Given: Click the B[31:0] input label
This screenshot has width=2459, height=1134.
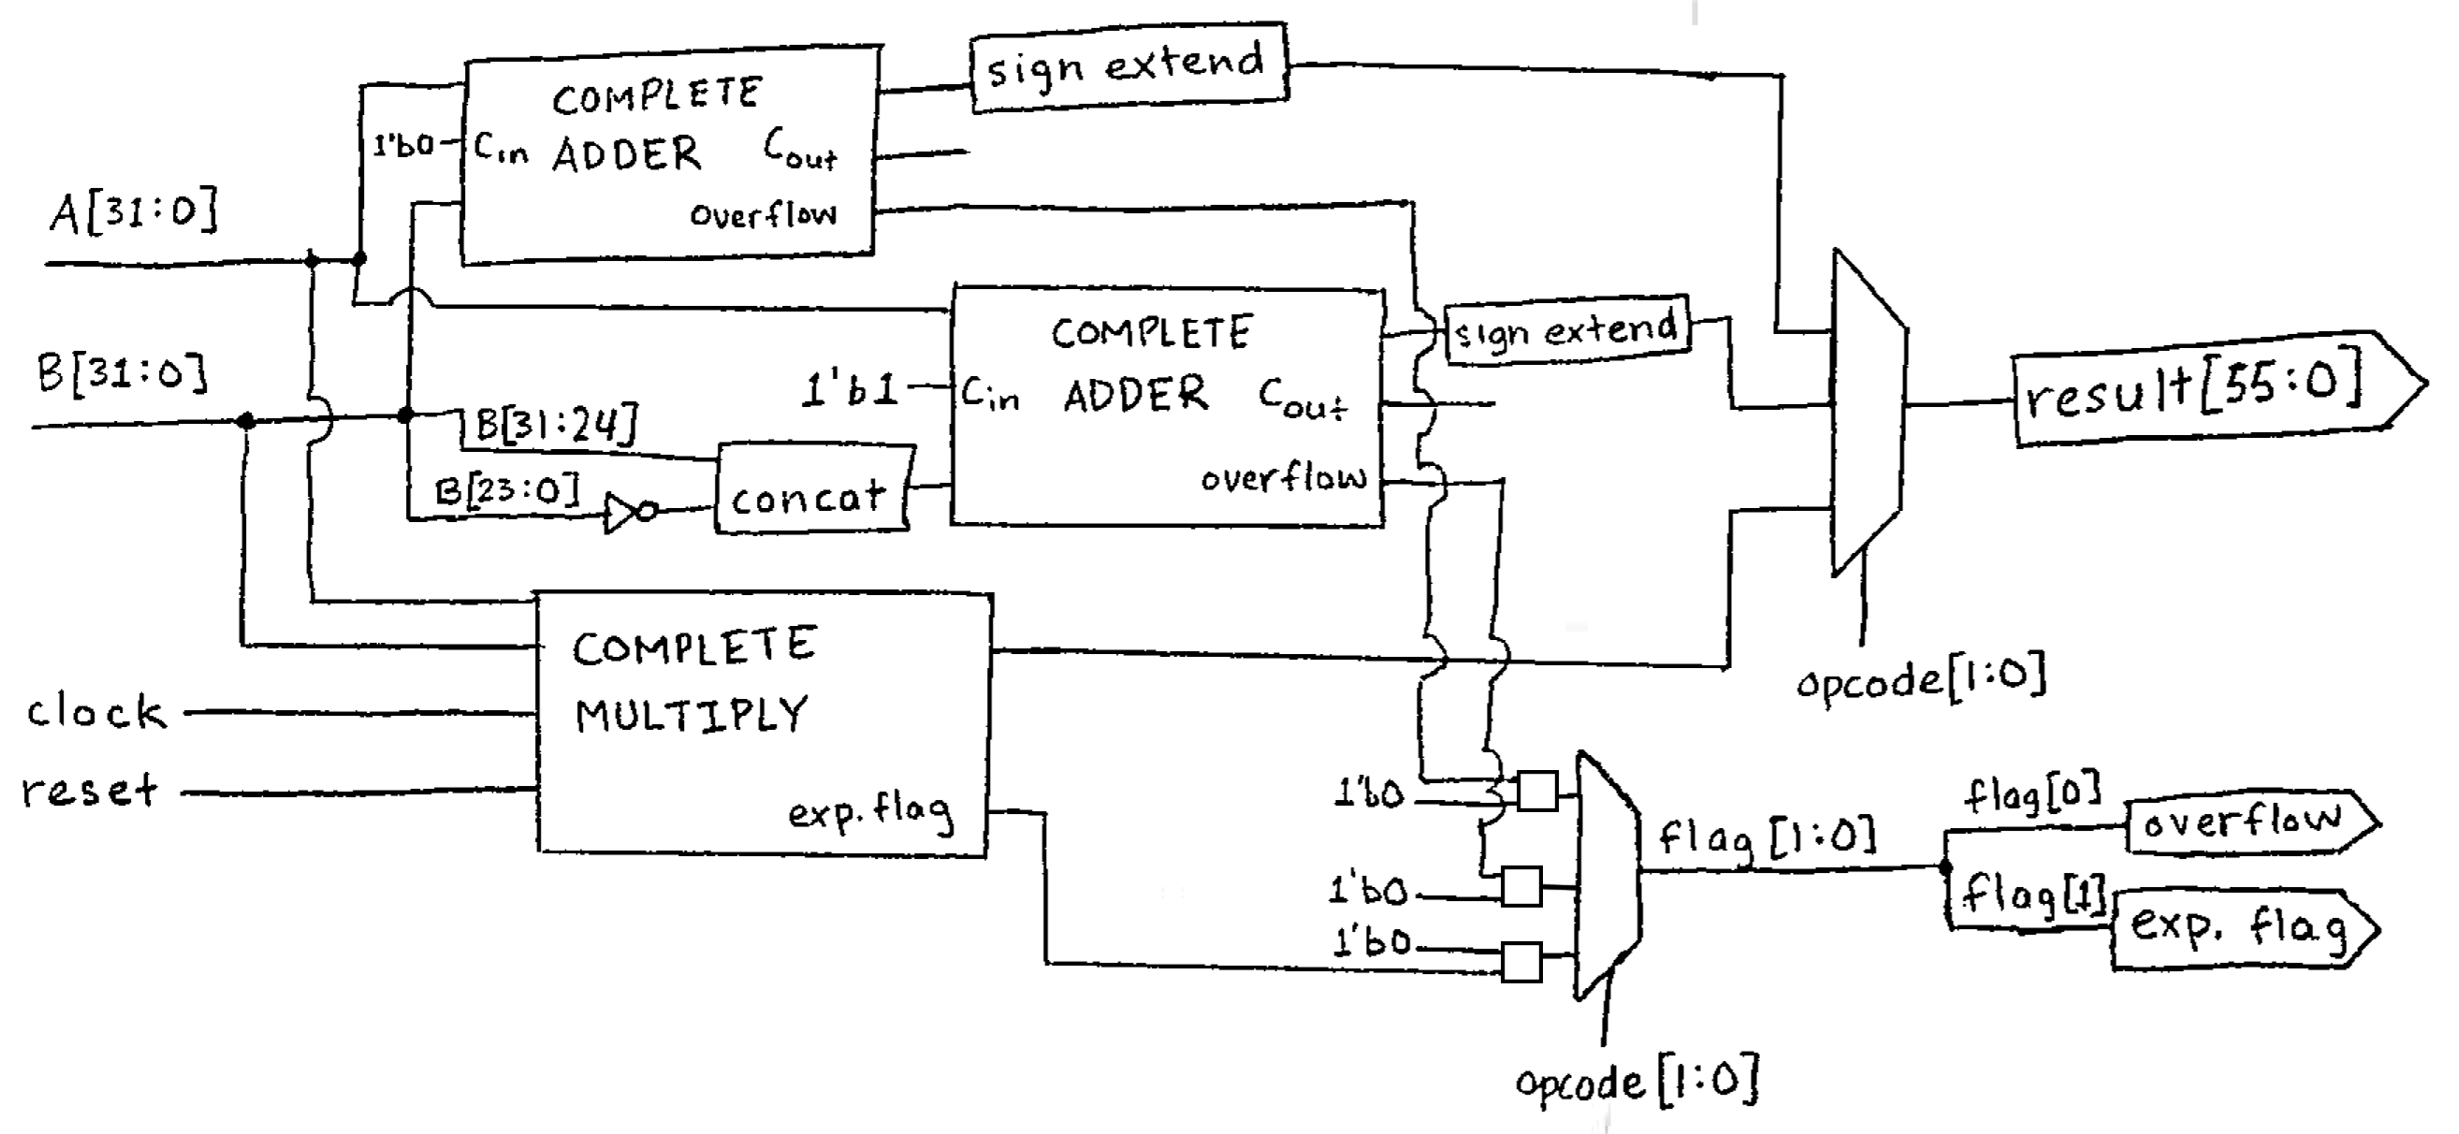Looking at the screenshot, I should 123,372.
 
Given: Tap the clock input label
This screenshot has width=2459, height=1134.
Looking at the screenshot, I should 95,712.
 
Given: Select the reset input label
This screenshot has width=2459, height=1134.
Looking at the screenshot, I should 90,791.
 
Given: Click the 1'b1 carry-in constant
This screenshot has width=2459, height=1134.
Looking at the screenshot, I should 850,389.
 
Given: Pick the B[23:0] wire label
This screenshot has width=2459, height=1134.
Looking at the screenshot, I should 507,490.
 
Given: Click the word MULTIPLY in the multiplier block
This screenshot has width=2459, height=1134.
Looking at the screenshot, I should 691,714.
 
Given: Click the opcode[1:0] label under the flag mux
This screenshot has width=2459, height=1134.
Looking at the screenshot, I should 1638,1081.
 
